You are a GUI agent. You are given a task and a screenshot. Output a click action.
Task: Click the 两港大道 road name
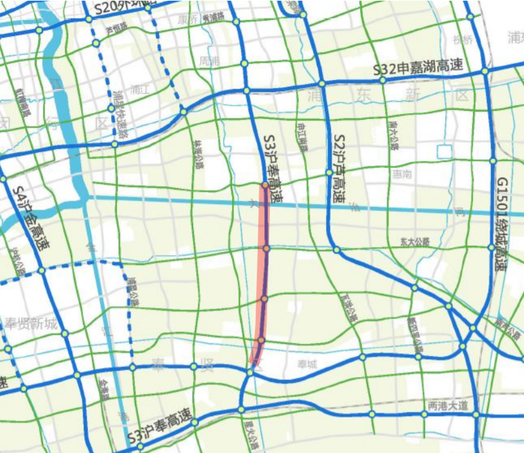447,406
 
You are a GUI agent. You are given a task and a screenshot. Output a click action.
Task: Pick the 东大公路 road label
415,242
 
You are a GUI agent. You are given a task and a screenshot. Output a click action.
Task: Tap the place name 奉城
307,365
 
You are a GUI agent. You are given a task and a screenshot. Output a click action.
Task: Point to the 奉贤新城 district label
31,323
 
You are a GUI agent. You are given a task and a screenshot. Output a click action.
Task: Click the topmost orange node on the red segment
264,185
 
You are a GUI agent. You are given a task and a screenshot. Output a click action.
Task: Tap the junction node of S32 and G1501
485,71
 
